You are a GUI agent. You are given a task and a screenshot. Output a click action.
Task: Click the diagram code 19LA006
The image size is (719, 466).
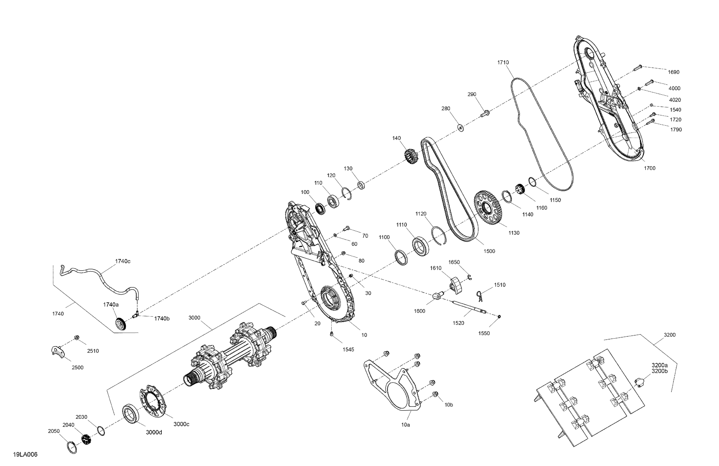(x=25, y=454)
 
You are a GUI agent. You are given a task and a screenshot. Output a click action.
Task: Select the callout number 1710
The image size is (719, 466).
(x=503, y=63)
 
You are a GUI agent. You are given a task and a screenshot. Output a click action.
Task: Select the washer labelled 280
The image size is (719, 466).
(x=461, y=128)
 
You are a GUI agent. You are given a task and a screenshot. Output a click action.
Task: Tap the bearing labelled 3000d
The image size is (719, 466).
(x=131, y=413)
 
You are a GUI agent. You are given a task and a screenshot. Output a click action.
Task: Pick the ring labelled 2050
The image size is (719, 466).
(x=72, y=447)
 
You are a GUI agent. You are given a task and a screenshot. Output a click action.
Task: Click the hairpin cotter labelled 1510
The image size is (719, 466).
(x=479, y=296)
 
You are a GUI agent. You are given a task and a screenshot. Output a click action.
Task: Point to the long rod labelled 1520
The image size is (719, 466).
(x=469, y=307)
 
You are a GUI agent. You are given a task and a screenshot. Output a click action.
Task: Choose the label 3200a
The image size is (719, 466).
(x=660, y=365)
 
